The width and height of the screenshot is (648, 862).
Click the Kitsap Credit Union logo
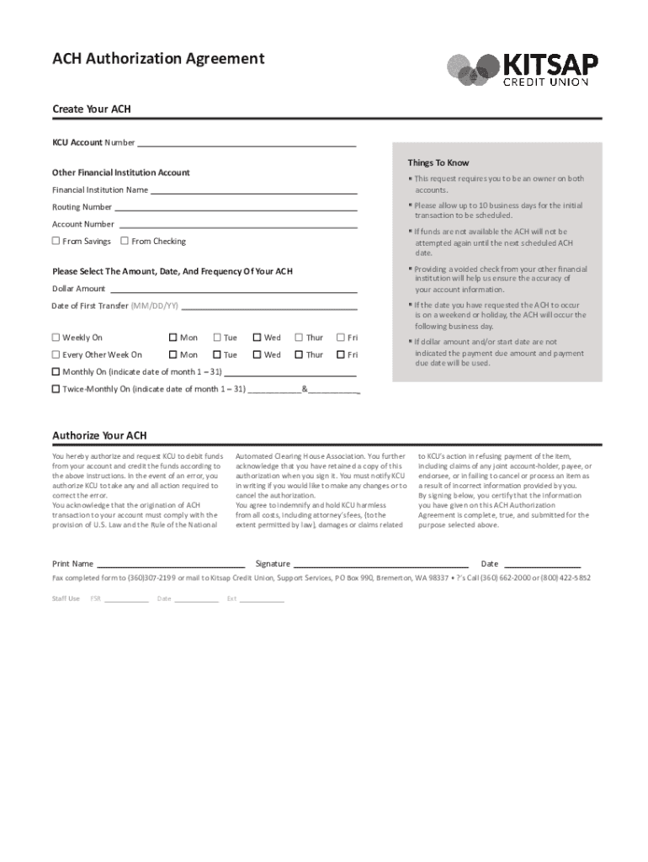[x=523, y=69]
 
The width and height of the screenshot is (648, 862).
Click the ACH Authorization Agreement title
[x=158, y=59]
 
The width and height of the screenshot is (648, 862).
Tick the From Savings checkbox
[x=56, y=242]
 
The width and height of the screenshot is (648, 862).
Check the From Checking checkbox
[x=125, y=242]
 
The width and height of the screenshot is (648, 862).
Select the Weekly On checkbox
[x=56, y=338]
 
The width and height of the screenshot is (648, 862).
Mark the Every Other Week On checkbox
[x=56, y=355]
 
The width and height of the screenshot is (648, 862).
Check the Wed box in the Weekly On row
[x=258, y=338]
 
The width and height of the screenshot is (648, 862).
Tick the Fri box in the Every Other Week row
[x=341, y=355]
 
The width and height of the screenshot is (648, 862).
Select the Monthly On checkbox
[x=56, y=372]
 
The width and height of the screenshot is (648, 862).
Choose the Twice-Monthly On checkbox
[x=56, y=389]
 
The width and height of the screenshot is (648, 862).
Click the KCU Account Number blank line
[x=247, y=144]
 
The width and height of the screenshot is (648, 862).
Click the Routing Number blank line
[x=236, y=207]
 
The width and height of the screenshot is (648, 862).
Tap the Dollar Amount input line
[x=233, y=289]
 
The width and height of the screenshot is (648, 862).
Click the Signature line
[x=380, y=564]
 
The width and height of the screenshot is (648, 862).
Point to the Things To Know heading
[x=438, y=163]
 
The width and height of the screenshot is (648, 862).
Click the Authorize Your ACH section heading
[x=99, y=436]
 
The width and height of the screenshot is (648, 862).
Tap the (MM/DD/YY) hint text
[x=154, y=306]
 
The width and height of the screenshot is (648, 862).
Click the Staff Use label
[x=66, y=599]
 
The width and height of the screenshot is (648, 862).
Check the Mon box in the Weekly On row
[x=173, y=338]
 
